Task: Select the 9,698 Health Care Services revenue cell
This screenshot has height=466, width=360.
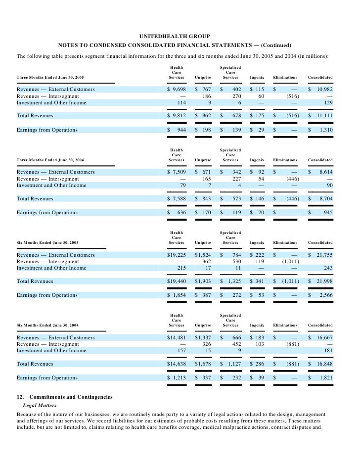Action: tap(178, 90)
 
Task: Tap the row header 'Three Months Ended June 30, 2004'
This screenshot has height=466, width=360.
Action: tap(50, 160)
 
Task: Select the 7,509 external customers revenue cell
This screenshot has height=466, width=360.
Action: tap(178, 172)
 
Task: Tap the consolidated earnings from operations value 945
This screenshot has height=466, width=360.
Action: tap(327, 213)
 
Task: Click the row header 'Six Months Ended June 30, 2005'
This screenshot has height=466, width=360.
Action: tap(47, 243)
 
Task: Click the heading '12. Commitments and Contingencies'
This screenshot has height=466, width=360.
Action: tap(65, 397)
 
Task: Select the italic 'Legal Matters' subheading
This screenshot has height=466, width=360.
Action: tap(41, 406)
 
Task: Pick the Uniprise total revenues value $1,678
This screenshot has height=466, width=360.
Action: tap(203, 364)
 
